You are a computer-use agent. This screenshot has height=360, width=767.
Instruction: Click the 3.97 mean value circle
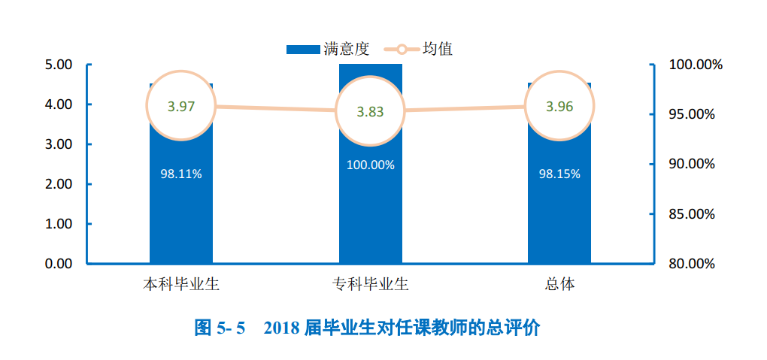tap(181, 106)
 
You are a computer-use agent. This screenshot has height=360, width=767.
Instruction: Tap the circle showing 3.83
tap(370, 111)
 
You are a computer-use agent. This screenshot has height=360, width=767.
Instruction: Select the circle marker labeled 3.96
tap(559, 106)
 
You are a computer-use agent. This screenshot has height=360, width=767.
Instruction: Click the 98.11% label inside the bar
tap(181, 174)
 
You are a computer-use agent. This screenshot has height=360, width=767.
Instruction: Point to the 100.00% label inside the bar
tap(370, 165)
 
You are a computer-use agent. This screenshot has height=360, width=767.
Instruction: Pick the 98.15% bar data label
tap(559, 174)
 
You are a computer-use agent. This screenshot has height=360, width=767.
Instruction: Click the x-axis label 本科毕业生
tap(181, 285)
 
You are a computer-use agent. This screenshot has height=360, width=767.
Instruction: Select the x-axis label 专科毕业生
tap(370, 285)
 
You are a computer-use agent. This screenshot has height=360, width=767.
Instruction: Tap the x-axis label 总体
tap(559, 285)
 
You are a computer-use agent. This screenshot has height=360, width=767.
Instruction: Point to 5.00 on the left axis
tap(58, 65)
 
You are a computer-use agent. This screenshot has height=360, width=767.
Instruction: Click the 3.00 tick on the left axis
tap(58, 144)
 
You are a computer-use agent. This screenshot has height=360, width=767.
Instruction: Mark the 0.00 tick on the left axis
tap(58, 264)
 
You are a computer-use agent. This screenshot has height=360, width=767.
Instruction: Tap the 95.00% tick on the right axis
tap(691, 114)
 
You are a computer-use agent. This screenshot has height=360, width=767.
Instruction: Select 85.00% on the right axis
tap(691, 214)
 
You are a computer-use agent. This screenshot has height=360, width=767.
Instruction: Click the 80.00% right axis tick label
tap(691, 264)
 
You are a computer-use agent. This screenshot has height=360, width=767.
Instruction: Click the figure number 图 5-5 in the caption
tap(220, 328)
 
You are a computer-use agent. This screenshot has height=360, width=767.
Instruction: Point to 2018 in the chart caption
tap(282, 328)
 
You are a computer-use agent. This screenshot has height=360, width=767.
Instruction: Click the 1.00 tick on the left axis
tap(58, 224)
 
